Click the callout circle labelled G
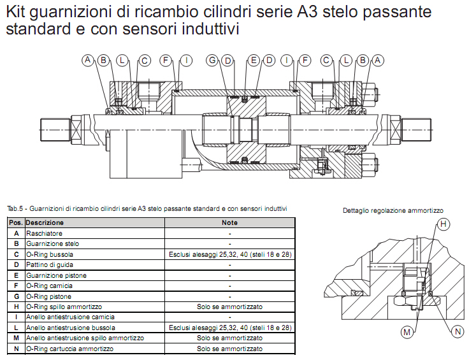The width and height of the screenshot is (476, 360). click(212, 60)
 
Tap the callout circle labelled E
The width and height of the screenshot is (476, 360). click(254, 60)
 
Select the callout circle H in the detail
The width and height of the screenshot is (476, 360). click(444, 224)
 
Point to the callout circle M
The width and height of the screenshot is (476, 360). click(407, 332)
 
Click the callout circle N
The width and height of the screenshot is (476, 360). click(458, 331)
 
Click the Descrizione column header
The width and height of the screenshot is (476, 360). click(45, 223)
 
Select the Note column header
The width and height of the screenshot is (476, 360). click(229, 223)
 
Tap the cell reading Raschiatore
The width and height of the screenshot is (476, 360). click(45, 233)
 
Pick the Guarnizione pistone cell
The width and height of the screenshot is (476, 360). click(56, 276)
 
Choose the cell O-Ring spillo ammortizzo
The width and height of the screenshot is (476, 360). click(64, 307)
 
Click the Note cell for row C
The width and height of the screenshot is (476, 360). click(230, 254)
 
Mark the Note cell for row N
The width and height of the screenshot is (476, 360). click(229, 349)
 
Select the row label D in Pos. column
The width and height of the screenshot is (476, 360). click(17, 265)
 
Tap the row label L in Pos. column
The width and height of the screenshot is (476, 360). click(17, 328)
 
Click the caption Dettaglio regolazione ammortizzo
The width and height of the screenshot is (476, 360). click(393, 211)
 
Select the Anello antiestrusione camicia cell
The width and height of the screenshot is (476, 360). click(70, 317)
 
